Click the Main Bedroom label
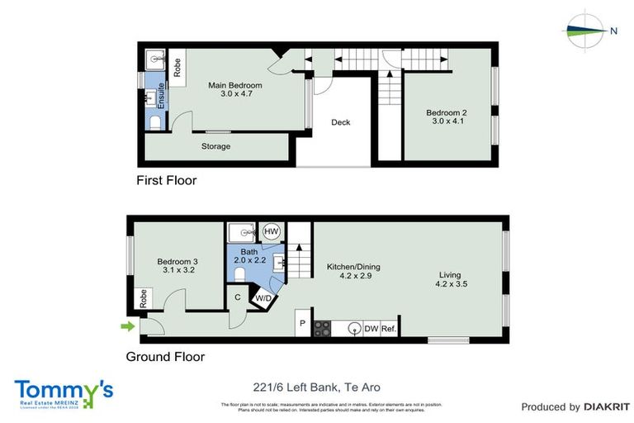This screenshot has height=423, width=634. tap(235, 85)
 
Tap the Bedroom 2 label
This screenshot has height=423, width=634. tap(447, 112)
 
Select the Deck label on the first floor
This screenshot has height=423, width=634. tap(341, 122)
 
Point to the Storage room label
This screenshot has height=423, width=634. tap(216, 146)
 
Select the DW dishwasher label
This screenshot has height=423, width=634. tap(372, 328)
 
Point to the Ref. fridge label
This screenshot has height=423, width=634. tap(390, 328)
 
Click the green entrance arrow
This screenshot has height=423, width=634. tap(128, 327)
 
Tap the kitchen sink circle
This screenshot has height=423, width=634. tap(354, 328)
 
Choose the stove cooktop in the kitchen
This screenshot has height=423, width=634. tap(323, 328)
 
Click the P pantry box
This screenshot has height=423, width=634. tap(303, 323)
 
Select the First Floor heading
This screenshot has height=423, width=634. tap(167, 179)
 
